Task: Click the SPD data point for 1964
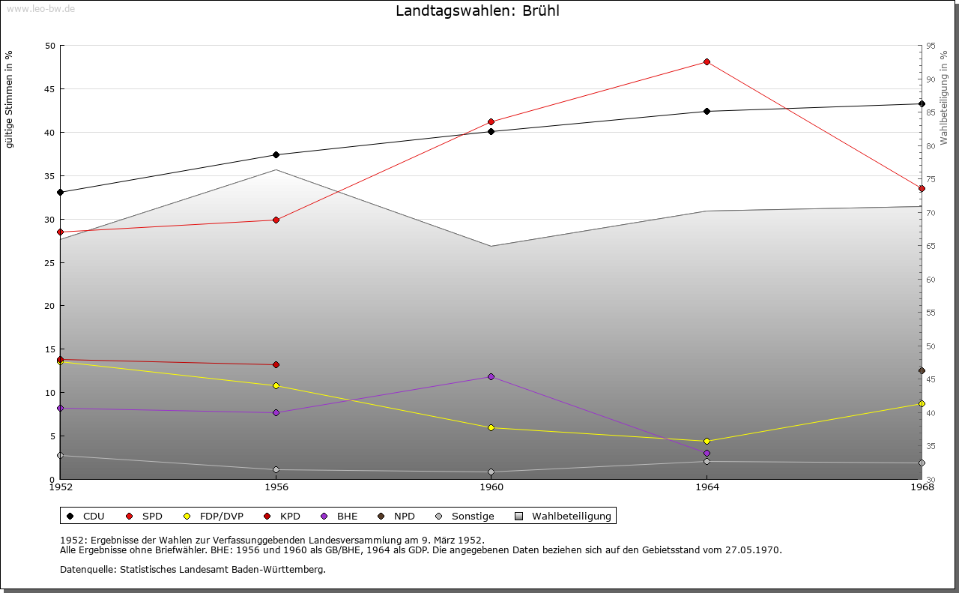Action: [x=707, y=61]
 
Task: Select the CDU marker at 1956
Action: [x=276, y=155]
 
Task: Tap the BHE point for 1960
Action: [x=491, y=376]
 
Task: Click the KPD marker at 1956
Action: [x=276, y=365]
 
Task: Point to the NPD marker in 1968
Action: [x=922, y=371]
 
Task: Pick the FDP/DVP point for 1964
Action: [x=707, y=442]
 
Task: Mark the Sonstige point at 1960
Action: [x=491, y=472]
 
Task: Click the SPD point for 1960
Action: [x=491, y=121]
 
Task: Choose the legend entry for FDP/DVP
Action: [x=221, y=516]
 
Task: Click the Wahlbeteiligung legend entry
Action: [x=571, y=516]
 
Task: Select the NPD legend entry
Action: [x=404, y=516]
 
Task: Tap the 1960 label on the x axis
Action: [x=491, y=488]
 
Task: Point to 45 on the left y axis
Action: [x=50, y=89]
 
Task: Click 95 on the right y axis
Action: [x=931, y=46]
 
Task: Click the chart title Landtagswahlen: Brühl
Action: [x=477, y=11]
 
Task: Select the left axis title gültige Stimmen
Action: [x=10, y=100]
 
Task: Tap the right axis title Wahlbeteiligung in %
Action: [x=944, y=97]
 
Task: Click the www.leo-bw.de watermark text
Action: [x=40, y=8]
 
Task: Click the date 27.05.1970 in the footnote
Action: [x=753, y=550]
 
